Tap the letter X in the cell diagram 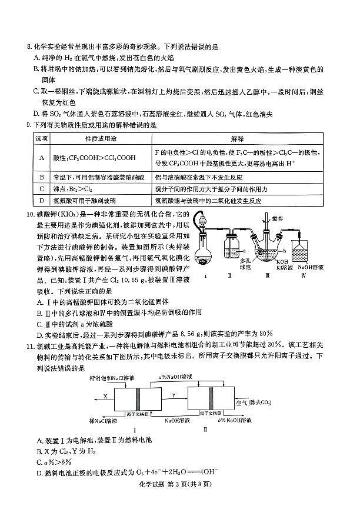pos(105,397)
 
